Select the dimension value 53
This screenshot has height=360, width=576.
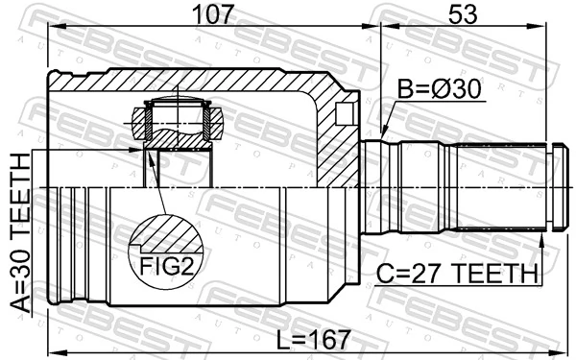465,16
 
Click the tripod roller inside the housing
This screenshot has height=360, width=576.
178,122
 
